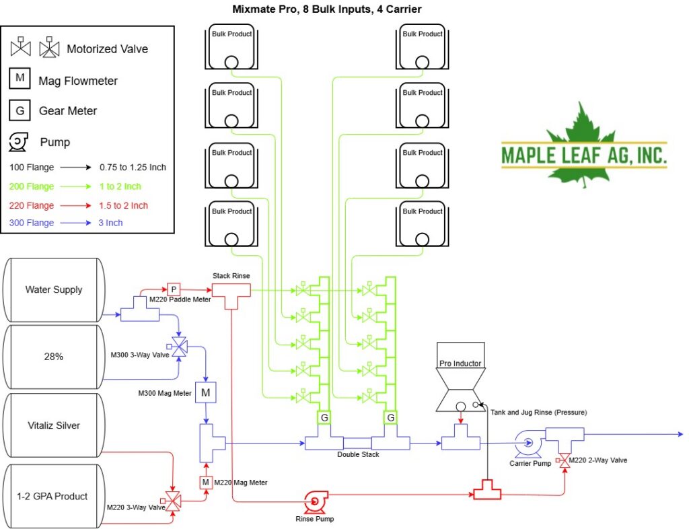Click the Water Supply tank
click(54, 290)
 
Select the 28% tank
click(54, 357)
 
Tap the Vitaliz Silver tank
click(54, 425)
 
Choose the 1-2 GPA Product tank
click(54, 496)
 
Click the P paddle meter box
click(174, 289)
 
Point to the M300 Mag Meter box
click(206, 392)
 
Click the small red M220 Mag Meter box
click(206, 483)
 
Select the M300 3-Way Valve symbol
click(178, 347)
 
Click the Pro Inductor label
click(460, 363)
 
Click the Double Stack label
click(358, 454)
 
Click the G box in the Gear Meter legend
click(20, 110)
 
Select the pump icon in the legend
click(18, 142)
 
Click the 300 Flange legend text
click(32, 223)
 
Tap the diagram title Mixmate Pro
click(266, 9)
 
